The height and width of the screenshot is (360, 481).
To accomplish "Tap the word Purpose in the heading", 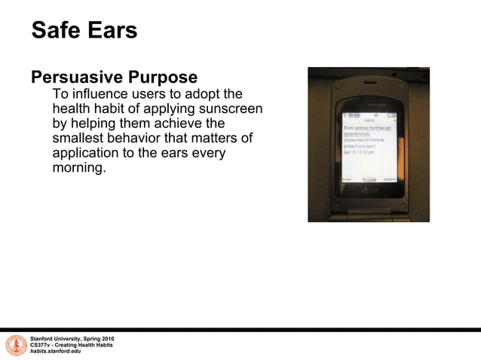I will (x=166, y=78).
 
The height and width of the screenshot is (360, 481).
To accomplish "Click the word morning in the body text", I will (x=78, y=167).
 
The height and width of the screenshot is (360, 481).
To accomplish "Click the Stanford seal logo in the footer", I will (x=16, y=345).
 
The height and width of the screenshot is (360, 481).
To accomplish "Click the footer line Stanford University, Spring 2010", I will (x=72, y=339).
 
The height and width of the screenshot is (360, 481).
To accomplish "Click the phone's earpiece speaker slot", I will (x=369, y=103).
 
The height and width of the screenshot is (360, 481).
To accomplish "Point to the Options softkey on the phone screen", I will (x=389, y=179).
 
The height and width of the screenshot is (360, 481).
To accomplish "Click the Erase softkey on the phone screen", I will (x=348, y=179).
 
